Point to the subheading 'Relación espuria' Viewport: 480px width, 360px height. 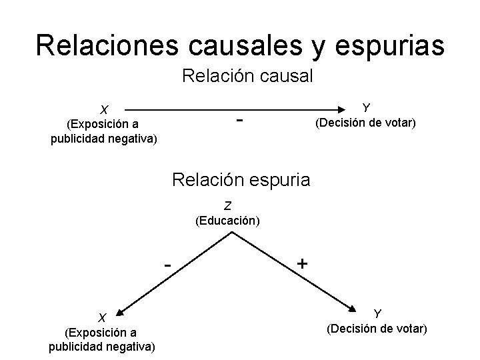tap(241, 179)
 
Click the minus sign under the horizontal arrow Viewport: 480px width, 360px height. tap(239, 121)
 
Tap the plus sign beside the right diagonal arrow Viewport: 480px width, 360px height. tap(302, 263)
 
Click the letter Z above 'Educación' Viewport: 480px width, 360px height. tap(227, 205)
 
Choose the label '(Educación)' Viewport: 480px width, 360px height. tap(227, 220)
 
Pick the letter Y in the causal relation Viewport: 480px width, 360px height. tap(365, 107)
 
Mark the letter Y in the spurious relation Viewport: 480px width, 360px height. tap(377, 313)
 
